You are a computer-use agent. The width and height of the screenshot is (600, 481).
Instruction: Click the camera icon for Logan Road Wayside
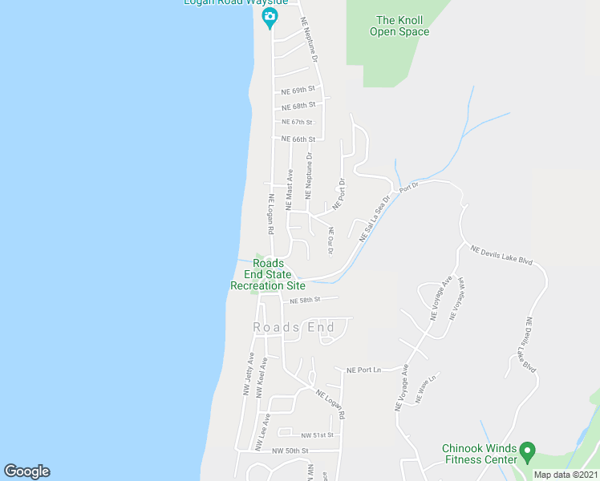coord(270,18)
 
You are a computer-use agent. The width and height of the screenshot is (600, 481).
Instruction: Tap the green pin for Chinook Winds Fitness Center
coord(527,451)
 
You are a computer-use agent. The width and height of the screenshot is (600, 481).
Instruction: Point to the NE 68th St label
coord(298,106)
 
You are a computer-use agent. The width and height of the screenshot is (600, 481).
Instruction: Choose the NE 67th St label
coord(296,122)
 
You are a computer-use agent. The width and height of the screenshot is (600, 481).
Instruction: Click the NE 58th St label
coord(305,300)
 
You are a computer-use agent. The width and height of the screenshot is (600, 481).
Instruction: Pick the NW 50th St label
coord(290,451)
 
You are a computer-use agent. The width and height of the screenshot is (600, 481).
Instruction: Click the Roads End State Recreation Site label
coord(268,274)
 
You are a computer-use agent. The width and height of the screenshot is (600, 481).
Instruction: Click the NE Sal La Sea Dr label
coord(375,219)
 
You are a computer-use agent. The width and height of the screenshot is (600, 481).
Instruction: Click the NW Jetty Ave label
coord(248,374)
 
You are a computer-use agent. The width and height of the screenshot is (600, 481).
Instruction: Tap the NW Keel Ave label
coord(262,378)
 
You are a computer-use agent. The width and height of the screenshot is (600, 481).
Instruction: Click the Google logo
coord(26,471)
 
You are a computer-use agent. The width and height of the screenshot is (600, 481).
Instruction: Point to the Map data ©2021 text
coord(566,475)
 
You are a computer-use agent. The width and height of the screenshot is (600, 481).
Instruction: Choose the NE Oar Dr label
coord(330,241)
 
